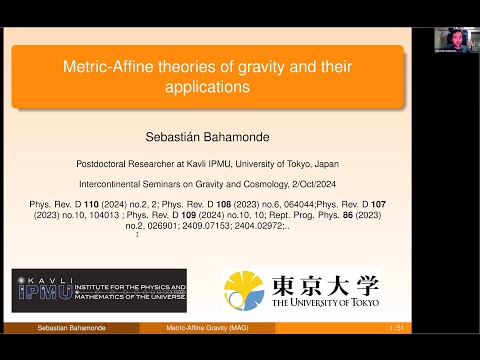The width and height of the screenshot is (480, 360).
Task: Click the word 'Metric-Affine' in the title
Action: (105, 68)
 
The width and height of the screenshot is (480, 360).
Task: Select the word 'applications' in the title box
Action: (209, 87)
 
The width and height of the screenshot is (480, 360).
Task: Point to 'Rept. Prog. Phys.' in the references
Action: (333, 214)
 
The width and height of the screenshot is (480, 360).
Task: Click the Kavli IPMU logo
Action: (99, 290)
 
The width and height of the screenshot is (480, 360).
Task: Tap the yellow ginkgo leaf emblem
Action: (243, 290)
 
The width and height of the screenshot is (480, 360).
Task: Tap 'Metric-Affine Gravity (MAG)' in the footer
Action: (209, 328)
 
